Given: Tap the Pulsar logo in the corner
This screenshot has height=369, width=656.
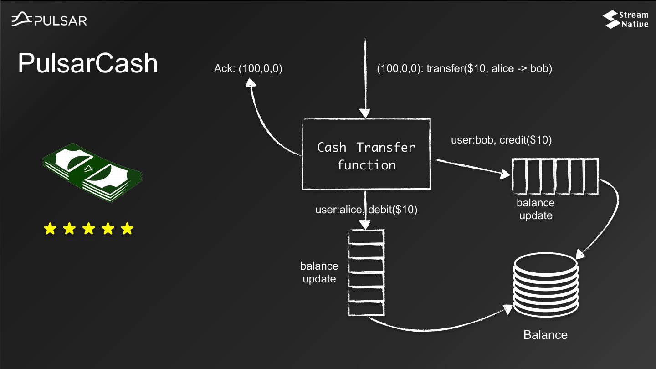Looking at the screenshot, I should tap(49, 20).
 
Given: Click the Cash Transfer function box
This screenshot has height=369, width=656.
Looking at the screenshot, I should tap(366, 154).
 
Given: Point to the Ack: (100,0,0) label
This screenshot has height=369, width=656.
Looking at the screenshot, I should tap(248, 69).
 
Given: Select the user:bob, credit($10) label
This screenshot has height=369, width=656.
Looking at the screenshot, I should tap(501, 140).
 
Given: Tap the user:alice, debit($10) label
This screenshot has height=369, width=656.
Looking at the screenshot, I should tap(366, 210).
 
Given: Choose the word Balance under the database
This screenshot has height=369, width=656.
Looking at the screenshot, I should tap(545, 335).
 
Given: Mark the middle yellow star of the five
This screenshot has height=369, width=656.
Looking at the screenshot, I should tap(88, 229).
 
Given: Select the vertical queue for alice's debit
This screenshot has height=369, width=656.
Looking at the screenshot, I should tap(366, 273).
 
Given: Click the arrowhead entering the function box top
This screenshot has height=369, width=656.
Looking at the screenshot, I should tap(365, 112).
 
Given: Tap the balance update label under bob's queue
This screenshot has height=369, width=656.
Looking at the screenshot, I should tap(535, 209).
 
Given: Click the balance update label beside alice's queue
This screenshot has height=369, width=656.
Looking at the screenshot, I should tap(319, 272).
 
